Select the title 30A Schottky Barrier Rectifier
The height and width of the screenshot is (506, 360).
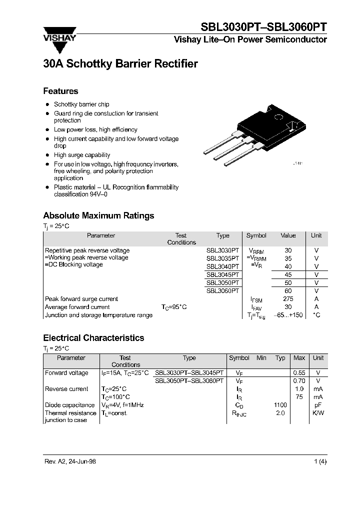point(120,64)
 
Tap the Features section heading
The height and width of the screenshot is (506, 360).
point(60,91)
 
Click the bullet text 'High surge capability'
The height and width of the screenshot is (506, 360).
point(82,155)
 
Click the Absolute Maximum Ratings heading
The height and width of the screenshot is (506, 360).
point(98,215)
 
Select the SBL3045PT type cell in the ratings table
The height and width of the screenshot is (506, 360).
point(223,274)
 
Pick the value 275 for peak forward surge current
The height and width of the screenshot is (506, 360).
point(288,299)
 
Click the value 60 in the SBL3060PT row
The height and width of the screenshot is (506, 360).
point(288,290)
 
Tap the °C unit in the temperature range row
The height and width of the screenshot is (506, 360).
point(316,315)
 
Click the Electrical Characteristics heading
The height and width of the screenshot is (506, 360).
point(93,338)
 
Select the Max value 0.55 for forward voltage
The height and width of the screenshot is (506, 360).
point(299,373)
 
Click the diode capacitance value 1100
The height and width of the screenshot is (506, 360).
point(280,405)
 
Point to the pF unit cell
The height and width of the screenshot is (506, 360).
point(318,405)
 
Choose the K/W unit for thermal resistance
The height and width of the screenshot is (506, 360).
point(318,413)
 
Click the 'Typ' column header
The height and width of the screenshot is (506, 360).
point(280,358)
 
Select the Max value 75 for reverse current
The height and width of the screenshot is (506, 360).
point(299,397)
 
